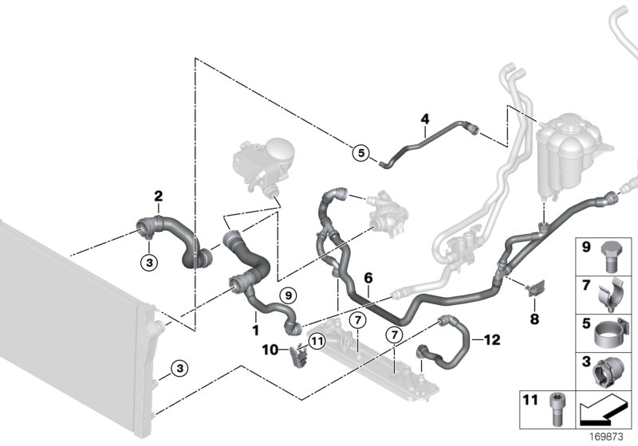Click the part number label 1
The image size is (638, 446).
click(254, 329)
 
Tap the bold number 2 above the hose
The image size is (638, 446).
click(158, 196)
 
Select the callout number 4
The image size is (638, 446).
click(425, 119)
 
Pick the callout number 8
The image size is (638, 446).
click(534, 319)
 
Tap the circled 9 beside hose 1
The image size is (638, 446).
click(286, 295)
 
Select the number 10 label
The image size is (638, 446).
click(270, 349)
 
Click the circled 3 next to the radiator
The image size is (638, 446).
click(180, 368)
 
